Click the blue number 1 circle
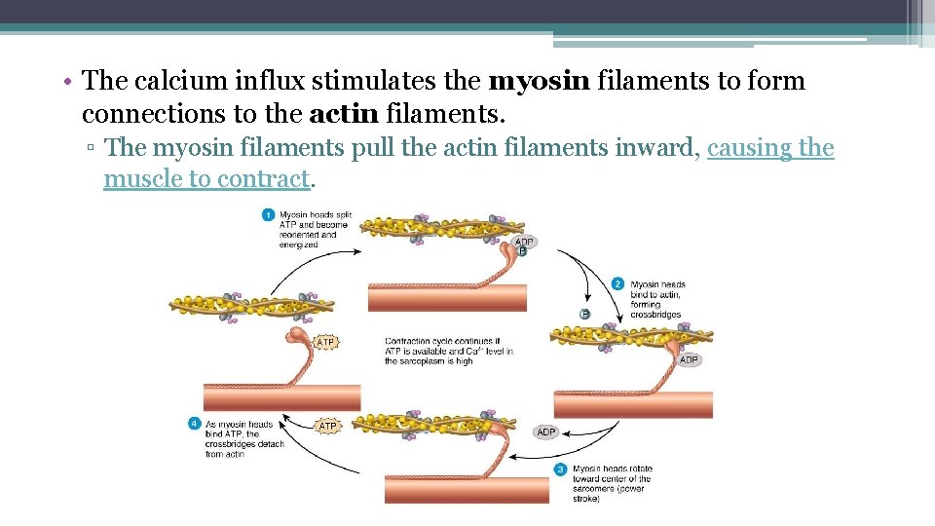coord(268,215)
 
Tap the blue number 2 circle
coord(617,283)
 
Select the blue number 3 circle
coord(560,470)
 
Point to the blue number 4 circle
coord(194,424)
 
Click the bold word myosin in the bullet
coord(541,81)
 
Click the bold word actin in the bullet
coord(345,114)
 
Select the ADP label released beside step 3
coord(545,432)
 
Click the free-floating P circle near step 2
coord(584,314)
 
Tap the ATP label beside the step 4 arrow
coord(328,426)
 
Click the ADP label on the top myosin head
coord(524,242)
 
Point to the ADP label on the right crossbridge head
coord(689,359)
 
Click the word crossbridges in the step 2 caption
coord(655,315)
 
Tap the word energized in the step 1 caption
coord(298,244)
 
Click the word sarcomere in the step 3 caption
coord(594,489)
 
